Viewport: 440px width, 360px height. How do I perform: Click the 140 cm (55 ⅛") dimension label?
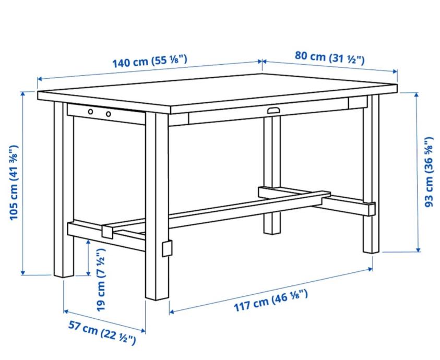click(x=150, y=61)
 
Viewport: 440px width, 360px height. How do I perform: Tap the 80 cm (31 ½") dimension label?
click(x=330, y=58)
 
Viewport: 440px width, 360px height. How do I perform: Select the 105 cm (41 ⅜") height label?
click(x=14, y=183)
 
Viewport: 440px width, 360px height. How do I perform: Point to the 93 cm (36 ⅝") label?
click(x=429, y=172)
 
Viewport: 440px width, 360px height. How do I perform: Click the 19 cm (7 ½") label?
click(x=101, y=280)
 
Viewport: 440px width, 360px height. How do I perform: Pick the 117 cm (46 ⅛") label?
click(x=271, y=301)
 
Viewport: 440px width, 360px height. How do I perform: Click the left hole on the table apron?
click(x=90, y=112)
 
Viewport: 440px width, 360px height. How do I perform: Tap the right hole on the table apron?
click(x=109, y=114)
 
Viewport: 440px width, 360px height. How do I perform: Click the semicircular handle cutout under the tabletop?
click(x=273, y=110)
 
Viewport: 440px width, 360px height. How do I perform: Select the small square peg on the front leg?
click(x=167, y=248)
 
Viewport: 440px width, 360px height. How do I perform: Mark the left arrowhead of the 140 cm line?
click(x=40, y=79)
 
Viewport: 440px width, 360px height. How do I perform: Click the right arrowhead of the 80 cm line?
click(x=395, y=71)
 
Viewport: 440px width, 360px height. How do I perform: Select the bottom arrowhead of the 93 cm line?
click(x=418, y=249)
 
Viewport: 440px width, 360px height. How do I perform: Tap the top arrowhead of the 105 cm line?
click(x=23, y=94)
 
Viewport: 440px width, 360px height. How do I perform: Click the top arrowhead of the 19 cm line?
click(x=89, y=242)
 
